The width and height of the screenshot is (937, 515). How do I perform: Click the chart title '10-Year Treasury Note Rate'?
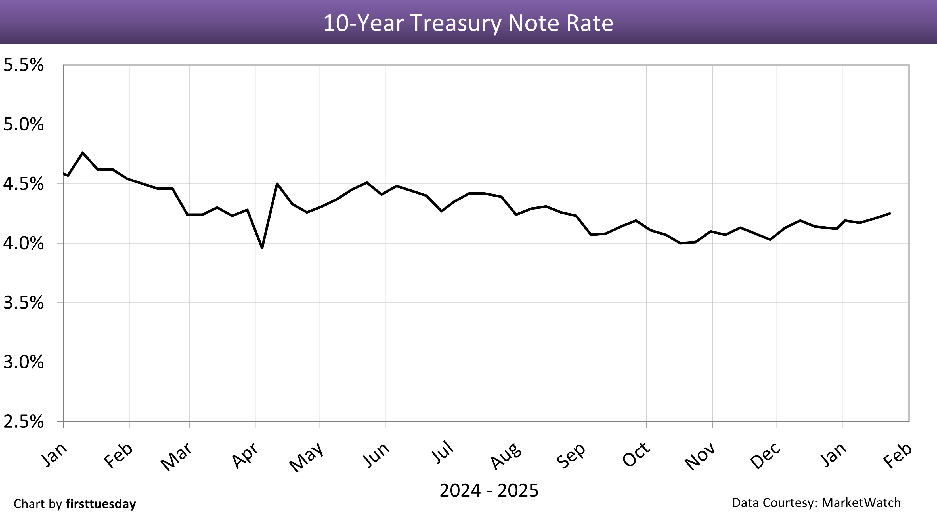[x=468, y=23]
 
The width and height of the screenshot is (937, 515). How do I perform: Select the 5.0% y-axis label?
[x=23, y=125]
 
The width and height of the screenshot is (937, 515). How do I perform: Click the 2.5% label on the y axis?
[x=23, y=422]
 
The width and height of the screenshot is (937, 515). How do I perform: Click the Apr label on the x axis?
[x=246, y=455]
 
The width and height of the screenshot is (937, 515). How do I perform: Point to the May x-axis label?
[x=306, y=457]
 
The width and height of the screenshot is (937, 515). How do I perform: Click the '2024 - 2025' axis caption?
[x=489, y=490]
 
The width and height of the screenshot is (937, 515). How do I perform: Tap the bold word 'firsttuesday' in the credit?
[x=101, y=504]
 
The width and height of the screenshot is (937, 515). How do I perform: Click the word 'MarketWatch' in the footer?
[x=861, y=503]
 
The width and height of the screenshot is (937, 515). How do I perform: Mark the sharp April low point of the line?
[x=262, y=248]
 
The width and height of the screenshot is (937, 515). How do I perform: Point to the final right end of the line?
[x=890, y=213]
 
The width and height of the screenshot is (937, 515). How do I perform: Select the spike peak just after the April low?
[x=277, y=183]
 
